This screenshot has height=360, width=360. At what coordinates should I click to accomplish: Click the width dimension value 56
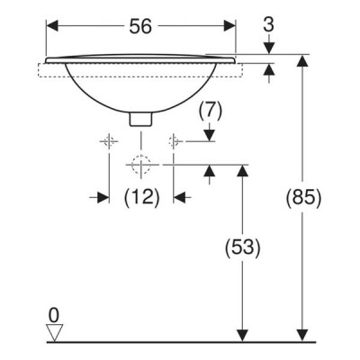tap(140, 26)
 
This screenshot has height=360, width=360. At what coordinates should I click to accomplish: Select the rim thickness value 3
tap(269, 24)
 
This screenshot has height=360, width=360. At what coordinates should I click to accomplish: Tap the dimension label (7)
tap(210, 111)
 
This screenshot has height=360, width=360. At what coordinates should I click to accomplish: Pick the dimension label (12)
tap(141, 198)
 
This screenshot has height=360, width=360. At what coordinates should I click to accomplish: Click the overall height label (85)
tap(303, 198)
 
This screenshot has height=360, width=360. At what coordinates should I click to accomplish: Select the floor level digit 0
tap(54, 316)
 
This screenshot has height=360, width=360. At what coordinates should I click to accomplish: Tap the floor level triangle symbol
tap(55, 332)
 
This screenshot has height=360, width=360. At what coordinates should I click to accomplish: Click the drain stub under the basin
tap(140, 119)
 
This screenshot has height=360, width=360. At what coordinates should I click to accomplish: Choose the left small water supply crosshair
tap(109, 140)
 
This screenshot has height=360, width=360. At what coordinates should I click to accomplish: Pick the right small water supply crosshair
tap(174, 140)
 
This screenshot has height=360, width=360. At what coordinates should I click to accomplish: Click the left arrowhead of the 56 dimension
tap(51, 26)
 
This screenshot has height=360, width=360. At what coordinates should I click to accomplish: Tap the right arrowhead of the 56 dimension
tap(229, 26)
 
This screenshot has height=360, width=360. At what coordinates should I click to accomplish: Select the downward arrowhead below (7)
tap(210, 135)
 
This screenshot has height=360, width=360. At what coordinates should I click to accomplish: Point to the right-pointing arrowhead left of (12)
tap(103, 197)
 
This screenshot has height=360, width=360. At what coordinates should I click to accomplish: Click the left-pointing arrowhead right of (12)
tap(179, 197)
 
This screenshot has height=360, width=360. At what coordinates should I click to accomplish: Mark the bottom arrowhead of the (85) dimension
tap(302, 335)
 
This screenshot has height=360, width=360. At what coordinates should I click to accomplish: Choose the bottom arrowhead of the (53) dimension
tap(242, 335)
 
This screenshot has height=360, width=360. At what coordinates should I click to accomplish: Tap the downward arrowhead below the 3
tap(269, 48)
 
